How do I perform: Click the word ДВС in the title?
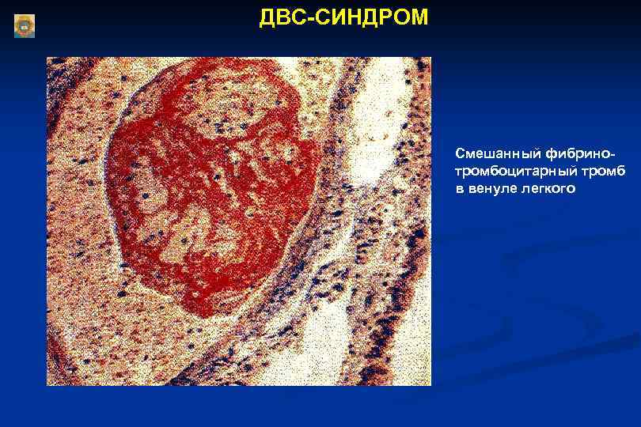(x=279, y=17)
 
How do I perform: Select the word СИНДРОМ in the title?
(x=367, y=17)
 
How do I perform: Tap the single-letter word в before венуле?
(x=459, y=189)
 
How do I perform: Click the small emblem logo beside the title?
(x=25, y=26)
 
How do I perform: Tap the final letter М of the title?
(x=419, y=17)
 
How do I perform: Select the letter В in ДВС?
(x=279, y=17)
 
